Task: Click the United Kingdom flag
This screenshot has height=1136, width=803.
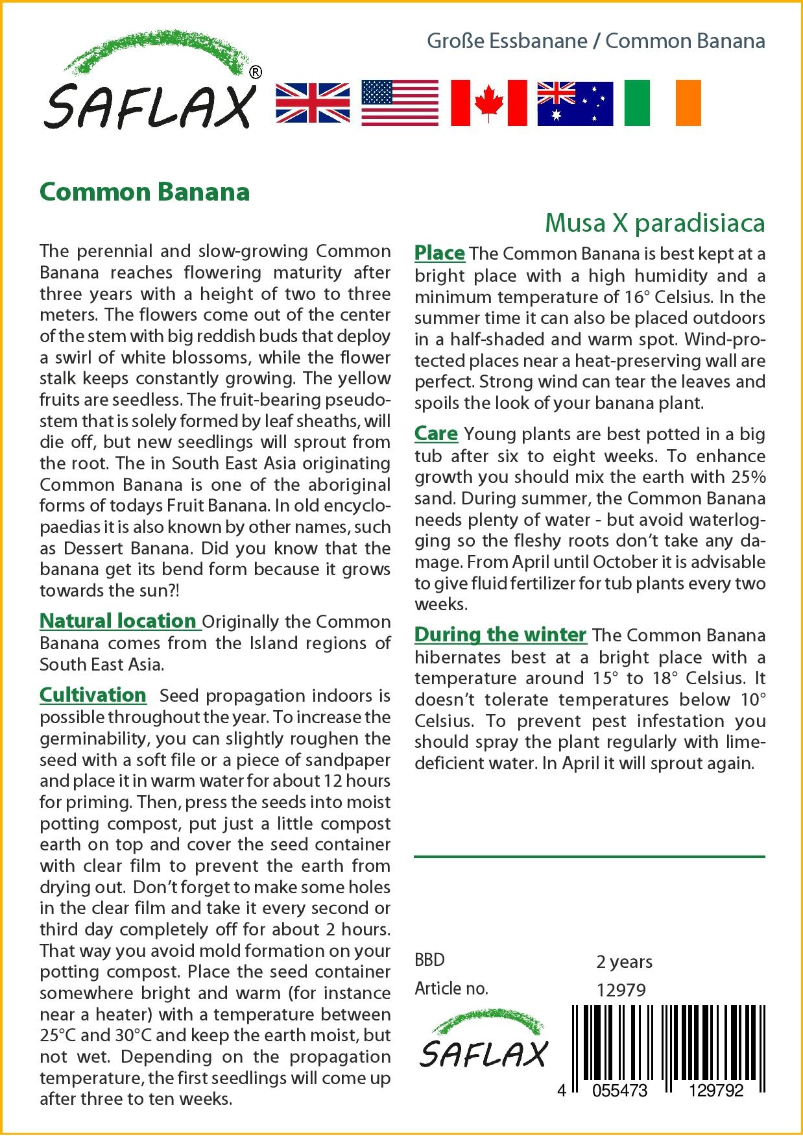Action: coord(313,103)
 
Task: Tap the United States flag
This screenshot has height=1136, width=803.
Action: coord(400,103)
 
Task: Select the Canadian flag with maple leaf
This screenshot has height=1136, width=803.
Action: coord(488,103)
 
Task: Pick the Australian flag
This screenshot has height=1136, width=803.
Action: coord(575,103)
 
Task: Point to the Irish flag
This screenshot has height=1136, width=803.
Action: coord(662,103)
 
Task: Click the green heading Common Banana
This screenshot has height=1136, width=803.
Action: coord(145,192)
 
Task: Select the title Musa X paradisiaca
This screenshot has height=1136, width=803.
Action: coord(654,223)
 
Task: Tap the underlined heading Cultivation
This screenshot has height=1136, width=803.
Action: coord(93,695)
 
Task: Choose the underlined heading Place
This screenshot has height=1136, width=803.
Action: coord(439,253)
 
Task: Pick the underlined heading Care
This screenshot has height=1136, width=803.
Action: coord(436,434)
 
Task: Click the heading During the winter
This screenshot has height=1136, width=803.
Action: coord(500,634)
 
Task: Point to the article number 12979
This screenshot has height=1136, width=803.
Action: coord(621,990)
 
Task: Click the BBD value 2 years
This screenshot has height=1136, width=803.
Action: coord(624,961)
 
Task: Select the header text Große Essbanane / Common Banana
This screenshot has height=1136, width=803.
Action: coord(595,42)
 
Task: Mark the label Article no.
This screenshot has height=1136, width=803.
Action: coord(451,989)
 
